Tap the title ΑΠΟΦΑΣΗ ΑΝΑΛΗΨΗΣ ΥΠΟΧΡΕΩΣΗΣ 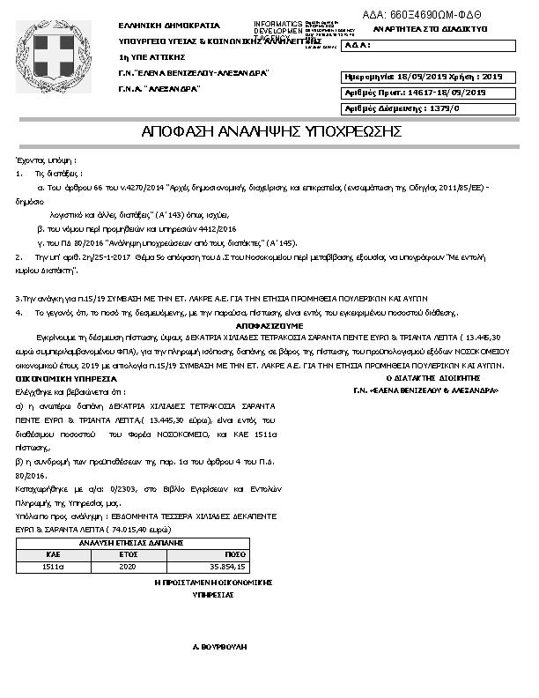pos(271,132)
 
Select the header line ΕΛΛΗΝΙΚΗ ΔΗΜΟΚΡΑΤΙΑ pos(169,26)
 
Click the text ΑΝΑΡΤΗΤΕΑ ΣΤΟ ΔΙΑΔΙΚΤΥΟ pos(431,28)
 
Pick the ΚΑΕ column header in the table pos(51,554)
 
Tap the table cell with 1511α pos(51,566)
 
